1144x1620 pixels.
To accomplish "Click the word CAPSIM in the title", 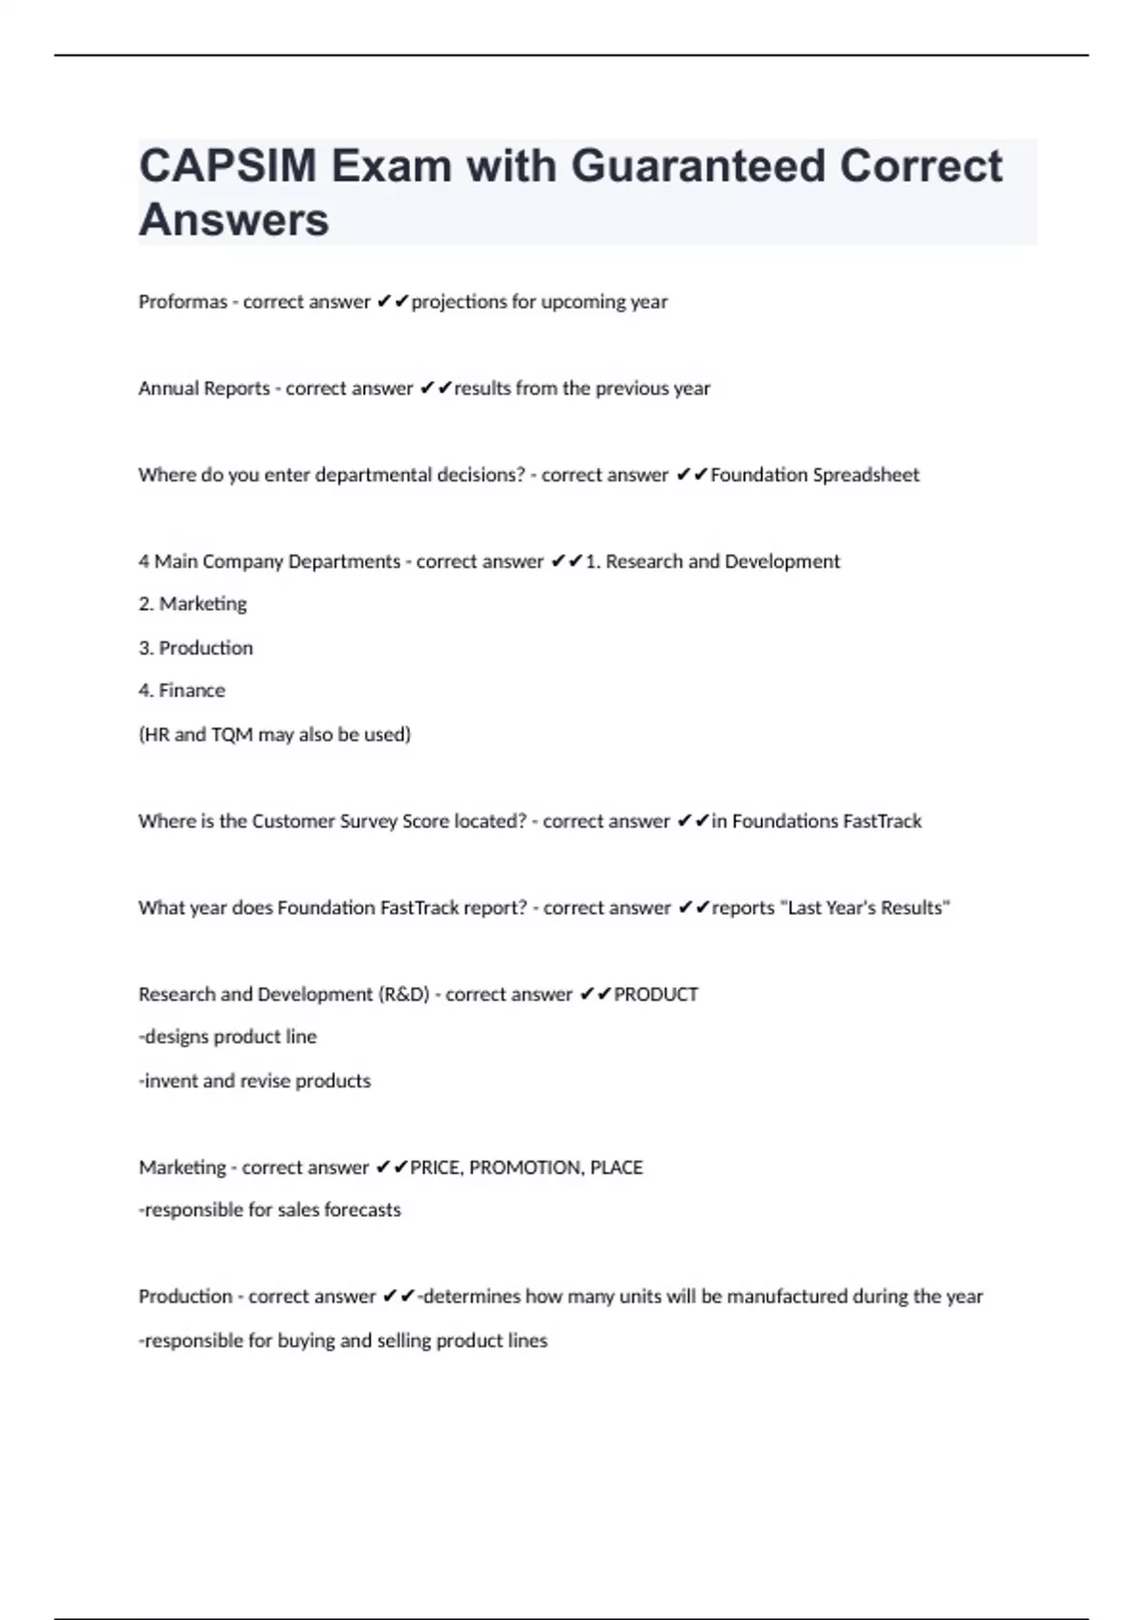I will coord(228,166).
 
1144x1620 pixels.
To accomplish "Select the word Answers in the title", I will coord(234,219).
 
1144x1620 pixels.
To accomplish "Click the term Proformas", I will coord(183,302).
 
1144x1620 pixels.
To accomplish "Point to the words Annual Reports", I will coord(204,389).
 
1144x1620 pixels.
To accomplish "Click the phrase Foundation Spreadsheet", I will coord(815,475).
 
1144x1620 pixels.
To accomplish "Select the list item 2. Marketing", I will coord(193,604).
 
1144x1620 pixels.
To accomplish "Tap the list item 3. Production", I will coord(195,648).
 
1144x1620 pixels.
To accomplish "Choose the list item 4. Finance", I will coord(182,691).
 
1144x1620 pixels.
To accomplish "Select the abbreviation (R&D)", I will coord(404,995).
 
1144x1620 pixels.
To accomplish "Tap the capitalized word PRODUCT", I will coord(656,995).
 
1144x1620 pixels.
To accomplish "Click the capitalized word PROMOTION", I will coord(525,1167).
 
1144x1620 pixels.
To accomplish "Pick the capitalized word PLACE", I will coord(617,1167).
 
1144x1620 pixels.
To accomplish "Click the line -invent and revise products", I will coord(255,1082).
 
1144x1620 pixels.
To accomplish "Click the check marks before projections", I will coord(393,302).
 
